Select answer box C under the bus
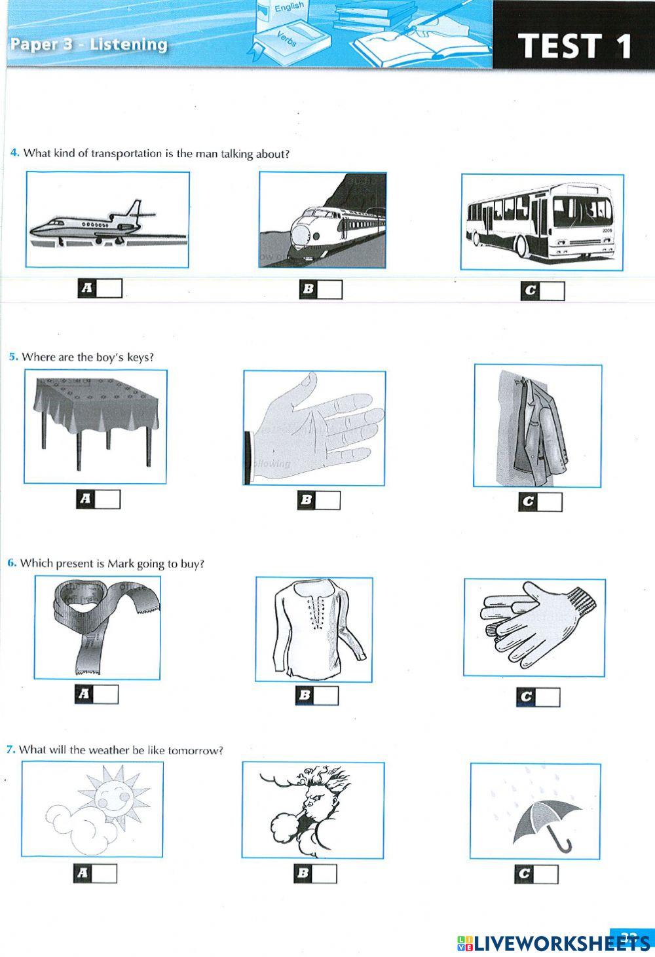point(552,291)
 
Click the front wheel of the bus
point(521,246)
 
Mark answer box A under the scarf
point(106,695)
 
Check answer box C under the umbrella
point(546,874)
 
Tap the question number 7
point(10,749)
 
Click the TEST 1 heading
point(574,46)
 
